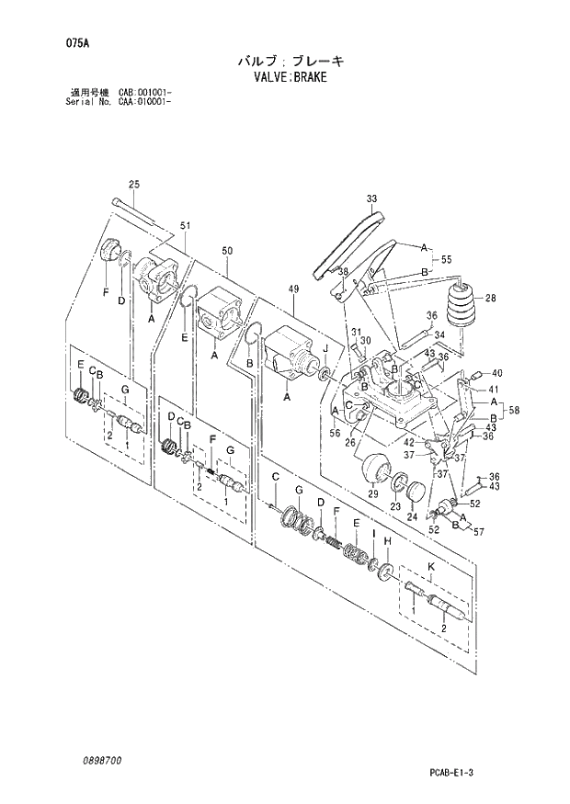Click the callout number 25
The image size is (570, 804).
133,185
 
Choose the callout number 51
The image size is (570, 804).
185,226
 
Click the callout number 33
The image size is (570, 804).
370,198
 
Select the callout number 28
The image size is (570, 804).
490,298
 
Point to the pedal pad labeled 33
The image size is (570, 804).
349,243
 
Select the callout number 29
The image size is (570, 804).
373,494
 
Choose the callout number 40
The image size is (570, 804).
496,373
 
